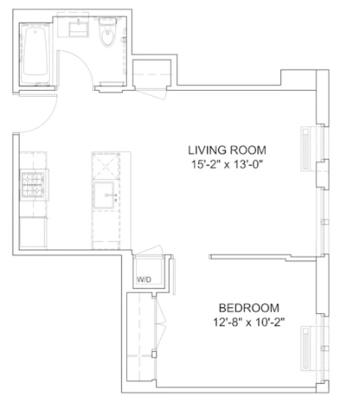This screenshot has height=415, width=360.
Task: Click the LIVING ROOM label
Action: point(227,150)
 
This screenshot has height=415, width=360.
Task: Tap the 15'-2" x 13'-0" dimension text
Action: point(228,165)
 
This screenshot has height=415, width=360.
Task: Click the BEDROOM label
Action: point(248,308)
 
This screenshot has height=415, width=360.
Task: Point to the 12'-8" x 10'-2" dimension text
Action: point(248,322)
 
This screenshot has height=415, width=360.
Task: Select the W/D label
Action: point(144,279)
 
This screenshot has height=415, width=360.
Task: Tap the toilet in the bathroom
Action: point(108,32)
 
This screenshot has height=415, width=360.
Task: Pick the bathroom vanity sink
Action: point(79,29)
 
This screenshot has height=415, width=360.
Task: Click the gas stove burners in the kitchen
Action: point(33,185)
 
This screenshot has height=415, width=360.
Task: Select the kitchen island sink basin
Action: point(104,195)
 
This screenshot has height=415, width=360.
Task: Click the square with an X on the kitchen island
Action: point(106,166)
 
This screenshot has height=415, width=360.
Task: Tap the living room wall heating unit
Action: point(305,149)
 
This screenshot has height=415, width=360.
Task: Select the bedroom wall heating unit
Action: point(305,348)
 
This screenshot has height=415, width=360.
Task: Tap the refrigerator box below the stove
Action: point(33,233)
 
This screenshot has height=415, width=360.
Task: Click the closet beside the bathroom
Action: point(151,73)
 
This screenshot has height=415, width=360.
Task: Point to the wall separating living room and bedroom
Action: point(262,257)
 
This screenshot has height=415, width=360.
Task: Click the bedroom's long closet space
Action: point(141,336)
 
